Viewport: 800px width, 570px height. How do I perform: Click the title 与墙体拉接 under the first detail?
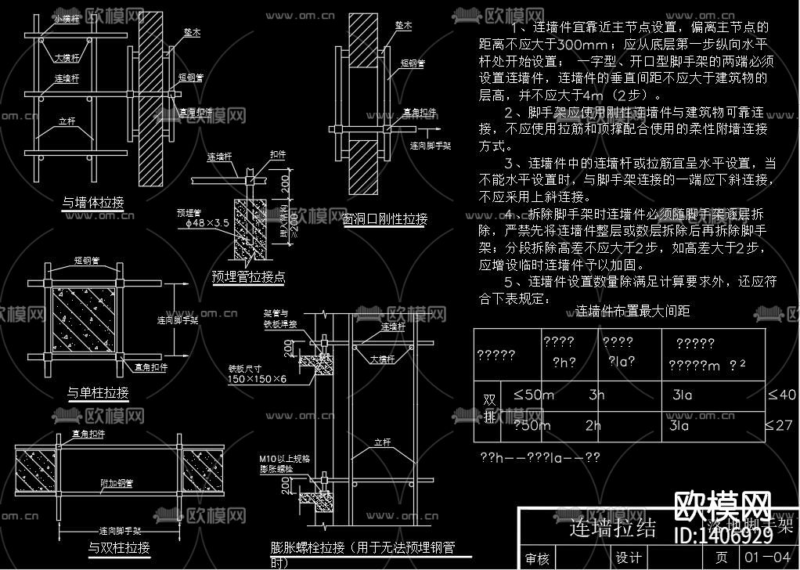pos(92,203)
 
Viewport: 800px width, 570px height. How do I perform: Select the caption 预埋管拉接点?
pos(248,276)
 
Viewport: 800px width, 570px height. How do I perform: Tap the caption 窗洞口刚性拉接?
pos(385,218)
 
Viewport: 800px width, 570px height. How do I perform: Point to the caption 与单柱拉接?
pos(99,391)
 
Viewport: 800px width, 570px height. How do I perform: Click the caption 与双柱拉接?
pos(119,547)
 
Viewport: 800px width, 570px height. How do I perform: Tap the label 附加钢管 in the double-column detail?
pos(116,483)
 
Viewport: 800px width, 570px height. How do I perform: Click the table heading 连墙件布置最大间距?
pos(632,312)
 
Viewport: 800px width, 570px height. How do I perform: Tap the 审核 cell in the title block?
pos(537,558)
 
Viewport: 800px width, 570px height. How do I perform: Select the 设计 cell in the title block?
pos(629,557)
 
